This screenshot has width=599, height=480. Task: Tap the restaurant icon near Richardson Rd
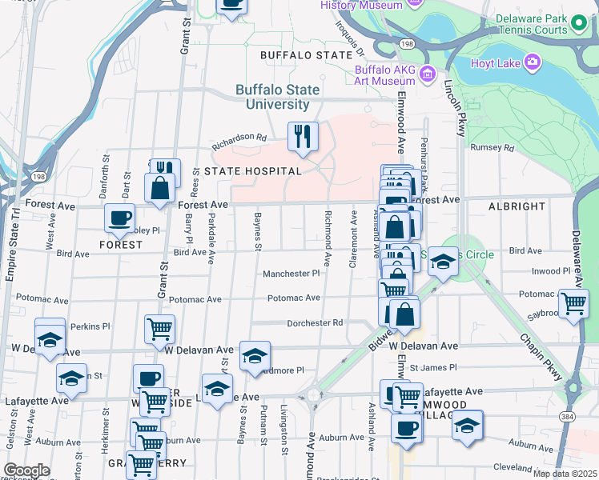click(304, 137)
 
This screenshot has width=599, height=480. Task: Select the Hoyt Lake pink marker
click(532, 62)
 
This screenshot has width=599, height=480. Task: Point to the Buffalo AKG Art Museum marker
click(428, 74)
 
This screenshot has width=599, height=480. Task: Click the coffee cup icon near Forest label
click(119, 218)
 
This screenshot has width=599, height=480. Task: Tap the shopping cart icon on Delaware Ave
click(573, 304)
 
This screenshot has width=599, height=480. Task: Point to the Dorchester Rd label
click(316, 323)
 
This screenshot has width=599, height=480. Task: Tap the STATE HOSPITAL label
click(252, 171)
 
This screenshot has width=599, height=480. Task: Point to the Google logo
click(26, 470)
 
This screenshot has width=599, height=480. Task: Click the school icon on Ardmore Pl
click(255, 357)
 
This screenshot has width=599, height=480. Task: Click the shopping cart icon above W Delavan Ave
click(159, 328)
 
